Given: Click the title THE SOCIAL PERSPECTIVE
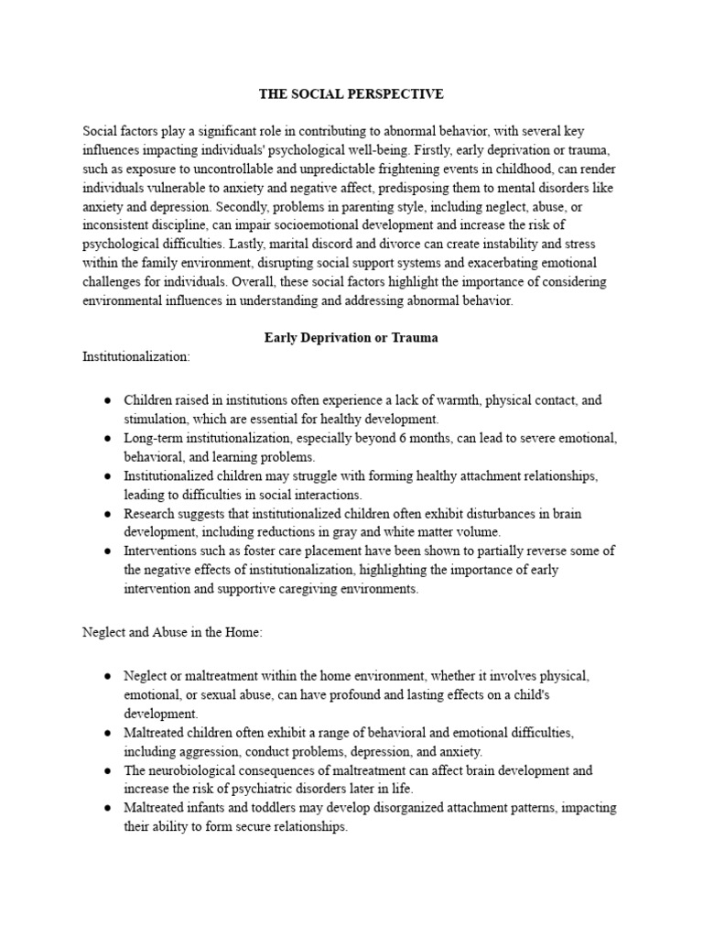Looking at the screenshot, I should pyautogui.click(x=351, y=93).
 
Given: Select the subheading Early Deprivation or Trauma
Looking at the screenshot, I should pyautogui.click(x=351, y=337).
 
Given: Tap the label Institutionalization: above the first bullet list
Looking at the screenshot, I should pyautogui.click(x=136, y=356).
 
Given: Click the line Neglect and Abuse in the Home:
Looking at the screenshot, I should pyautogui.click(x=172, y=631).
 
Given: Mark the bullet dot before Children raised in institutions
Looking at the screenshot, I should pyautogui.click(x=108, y=400).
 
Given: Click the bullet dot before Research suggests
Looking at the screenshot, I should pyautogui.click(x=108, y=514).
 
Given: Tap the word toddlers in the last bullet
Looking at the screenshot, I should pyautogui.click(x=264, y=808).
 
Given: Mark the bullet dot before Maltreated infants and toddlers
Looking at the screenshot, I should pyautogui.click(x=108, y=808).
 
